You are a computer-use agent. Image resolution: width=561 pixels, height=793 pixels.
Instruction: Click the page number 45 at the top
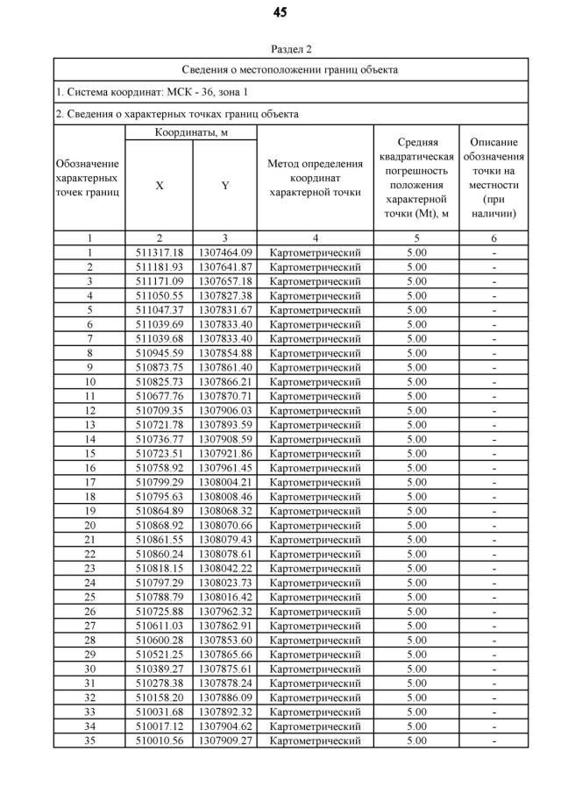(280, 12)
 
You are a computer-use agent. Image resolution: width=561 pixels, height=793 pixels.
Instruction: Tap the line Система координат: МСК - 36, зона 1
(152, 92)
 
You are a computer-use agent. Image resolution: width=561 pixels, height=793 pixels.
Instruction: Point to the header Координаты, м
(191, 132)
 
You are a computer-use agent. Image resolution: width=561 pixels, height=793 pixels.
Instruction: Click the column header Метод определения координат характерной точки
(315, 178)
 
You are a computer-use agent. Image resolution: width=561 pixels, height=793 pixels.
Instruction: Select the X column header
(159, 185)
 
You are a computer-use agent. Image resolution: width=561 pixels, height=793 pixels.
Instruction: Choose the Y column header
(224, 185)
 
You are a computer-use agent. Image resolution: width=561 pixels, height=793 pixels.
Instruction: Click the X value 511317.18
(160, 252)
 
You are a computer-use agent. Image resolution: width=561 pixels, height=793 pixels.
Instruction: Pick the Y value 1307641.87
(225, 266)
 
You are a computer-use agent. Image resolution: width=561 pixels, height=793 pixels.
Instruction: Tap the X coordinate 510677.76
(160, 396)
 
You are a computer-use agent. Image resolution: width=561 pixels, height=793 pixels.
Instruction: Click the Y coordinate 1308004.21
(225, 482)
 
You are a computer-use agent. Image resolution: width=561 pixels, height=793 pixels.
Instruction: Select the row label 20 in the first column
(89, 525)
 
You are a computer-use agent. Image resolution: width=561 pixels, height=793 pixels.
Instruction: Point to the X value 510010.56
(160, 740)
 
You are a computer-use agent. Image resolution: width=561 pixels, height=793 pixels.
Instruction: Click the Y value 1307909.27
(225, 740)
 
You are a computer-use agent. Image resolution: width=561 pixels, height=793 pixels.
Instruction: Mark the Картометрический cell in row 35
(315, 740)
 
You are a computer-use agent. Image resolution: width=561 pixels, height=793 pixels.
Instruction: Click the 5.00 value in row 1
(416, 252)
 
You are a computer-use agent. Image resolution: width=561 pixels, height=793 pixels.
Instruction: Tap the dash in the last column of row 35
(494, 740)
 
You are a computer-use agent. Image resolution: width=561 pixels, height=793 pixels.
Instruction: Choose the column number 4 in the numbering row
(315, 237)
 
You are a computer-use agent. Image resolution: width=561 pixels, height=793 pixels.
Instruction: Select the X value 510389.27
(160, 669)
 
